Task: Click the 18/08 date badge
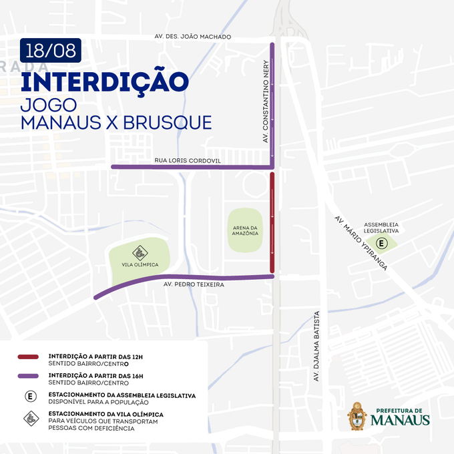coord(51,49)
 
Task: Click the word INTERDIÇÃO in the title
coord(103,81)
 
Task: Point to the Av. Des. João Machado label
coord(192,37)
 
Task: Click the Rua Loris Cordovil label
coord(187,161)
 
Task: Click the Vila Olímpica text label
coord(139,264)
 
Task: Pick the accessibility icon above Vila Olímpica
coord(139,252)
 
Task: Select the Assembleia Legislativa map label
coord(381,227)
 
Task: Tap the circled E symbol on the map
coord(381,243)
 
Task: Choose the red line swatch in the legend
coord(30,357)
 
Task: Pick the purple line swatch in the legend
coord(30,377)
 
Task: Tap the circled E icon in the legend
coord(30,397)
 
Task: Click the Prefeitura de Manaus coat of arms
coord(357,417)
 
